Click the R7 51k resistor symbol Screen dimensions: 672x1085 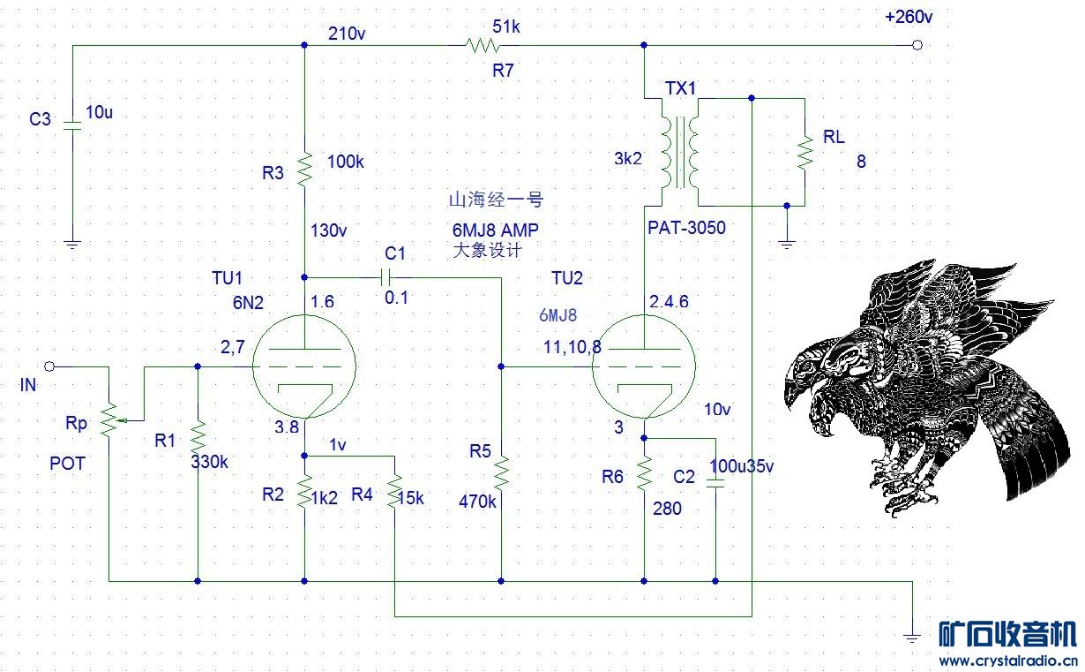tap(482, 44)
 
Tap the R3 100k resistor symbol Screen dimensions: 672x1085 tap(303, 167)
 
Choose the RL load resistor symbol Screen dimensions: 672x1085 tap(804, 152)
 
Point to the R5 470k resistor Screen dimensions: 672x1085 tap(500, 472)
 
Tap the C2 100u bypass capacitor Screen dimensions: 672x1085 tap(715, 483)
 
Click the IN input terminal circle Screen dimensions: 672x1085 tap(49, 366)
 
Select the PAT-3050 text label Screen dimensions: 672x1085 tap(686, 228)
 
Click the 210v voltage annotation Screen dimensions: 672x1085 tap(347, 34)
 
